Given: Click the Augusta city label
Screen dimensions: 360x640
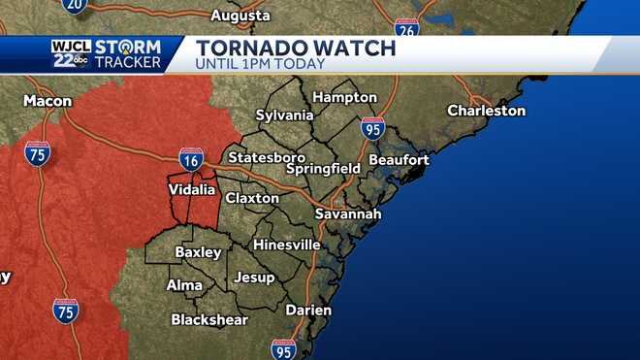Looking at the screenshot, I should pyautogui.click(x=240, y=16).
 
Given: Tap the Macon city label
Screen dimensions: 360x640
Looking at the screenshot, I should pyautogui.click(x=48, y=100).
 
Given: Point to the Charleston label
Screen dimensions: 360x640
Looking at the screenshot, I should pyautogui.click(x=486, y=111).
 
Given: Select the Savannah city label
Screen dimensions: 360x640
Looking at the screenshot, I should pyautogui.click(x=348, y=213).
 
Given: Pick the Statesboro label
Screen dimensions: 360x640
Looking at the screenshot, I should pyautogui.click(x=266, y=157).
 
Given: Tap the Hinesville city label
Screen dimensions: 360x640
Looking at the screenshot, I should pyautogui.click(x=286, y=245).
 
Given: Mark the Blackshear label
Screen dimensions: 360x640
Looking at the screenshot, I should pyautogui.click(x=211, y=318).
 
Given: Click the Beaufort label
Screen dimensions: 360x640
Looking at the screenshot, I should pyautogui.click(x=398, y=159).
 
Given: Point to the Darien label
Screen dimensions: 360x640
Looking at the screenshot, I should pyautogui.click(x=308, y=311).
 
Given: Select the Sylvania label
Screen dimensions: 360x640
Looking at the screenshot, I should pyautogui.click(x=284, y=115).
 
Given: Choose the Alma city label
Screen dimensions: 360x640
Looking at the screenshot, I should pyautogui.click(x=184, y=285).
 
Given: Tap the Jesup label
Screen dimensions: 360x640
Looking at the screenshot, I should pyautogui.click(x=254, y=278).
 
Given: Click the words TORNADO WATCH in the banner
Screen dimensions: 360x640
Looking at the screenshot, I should pyautogui.click(x=295, y=48).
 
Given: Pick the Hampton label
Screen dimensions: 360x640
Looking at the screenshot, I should pyautogui.click(x=344, y=97).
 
